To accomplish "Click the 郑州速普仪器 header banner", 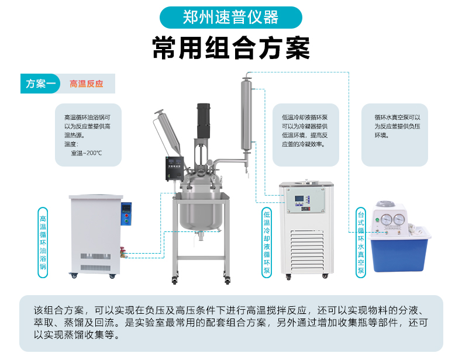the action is tap(230, 18).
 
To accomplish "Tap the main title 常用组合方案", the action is tap(231, 48).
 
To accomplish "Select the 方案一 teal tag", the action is tap(40, 84).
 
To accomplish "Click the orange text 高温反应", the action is tap(87, 84).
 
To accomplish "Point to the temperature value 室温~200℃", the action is tap(87, 153).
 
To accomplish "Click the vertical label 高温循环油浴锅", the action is tap(43, 243).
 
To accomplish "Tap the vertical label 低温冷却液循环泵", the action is tap(267, 243).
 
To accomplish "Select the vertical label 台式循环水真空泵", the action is tap(361, 243).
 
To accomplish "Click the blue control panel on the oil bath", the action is tap(126, 214).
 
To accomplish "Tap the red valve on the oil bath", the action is tap(123, 252).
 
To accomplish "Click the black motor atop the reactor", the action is tap(204, 120).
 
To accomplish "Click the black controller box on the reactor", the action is tap(175, 168).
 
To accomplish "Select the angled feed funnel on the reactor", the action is tap(168, 131).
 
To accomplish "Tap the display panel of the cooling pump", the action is tap(306, 201).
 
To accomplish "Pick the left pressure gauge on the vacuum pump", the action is tap(387, 220).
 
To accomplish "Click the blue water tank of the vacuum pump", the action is tap(400, 250).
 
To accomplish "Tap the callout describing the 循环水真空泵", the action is tap(395, 135).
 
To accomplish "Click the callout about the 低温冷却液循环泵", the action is tap(305, 135).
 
